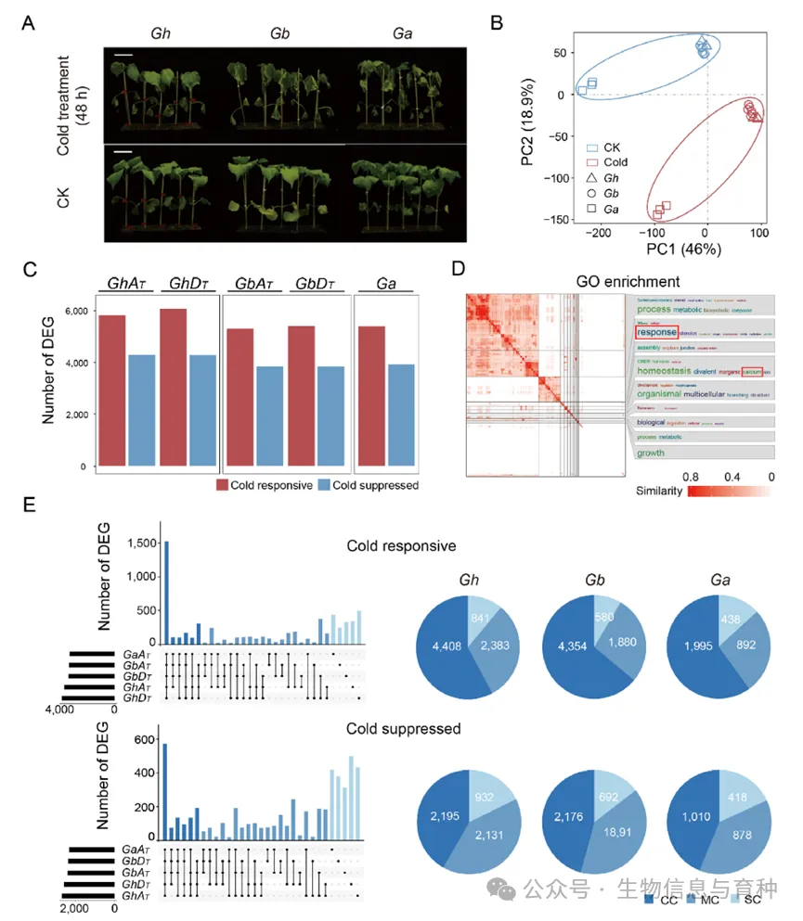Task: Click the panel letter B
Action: point(497,19)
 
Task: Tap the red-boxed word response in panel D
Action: point(656,331)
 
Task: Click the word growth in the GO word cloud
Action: point(651,454)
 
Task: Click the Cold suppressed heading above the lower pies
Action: point(404,729)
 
